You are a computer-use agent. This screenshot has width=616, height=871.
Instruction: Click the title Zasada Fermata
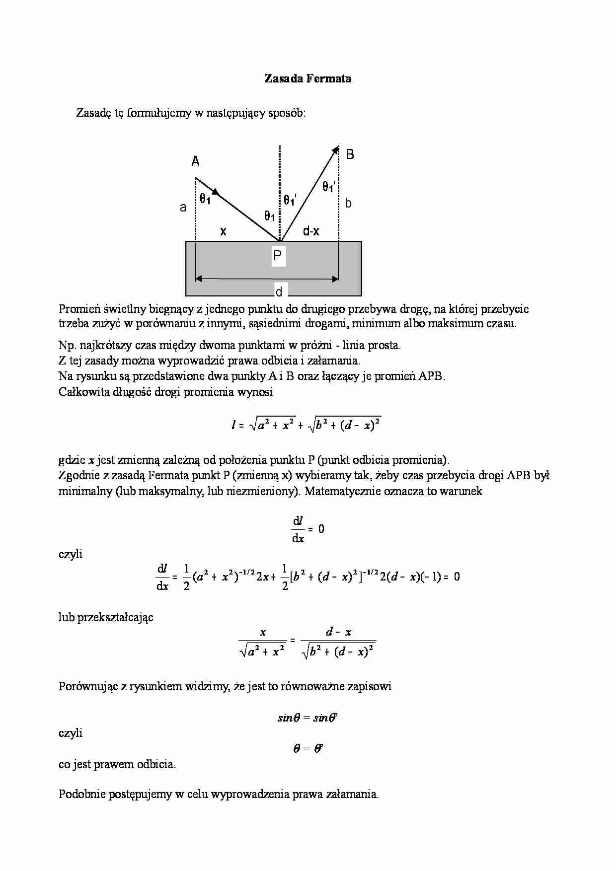[308, 78]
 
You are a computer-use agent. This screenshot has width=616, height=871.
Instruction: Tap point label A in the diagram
[196, 161]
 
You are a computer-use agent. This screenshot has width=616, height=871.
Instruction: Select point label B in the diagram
[350, 154]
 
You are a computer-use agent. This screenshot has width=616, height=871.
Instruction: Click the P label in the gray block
[278, 256]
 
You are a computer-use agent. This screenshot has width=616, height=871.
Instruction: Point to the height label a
[183, 208]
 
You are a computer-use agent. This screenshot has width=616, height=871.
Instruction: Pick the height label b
[348, 203]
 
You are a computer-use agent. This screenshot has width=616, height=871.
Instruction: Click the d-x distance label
[311, 231]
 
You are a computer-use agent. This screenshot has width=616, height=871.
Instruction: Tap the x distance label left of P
[223, 231]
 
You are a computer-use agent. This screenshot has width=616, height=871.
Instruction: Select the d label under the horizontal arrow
[279, 291]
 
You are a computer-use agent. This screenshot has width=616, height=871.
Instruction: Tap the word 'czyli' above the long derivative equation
[71, 554]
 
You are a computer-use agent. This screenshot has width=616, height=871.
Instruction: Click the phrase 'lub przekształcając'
[106, 617]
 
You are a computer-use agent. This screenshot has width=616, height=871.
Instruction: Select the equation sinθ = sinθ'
[308, 718]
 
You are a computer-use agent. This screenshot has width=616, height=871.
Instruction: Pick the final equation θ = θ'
[308, 748]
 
